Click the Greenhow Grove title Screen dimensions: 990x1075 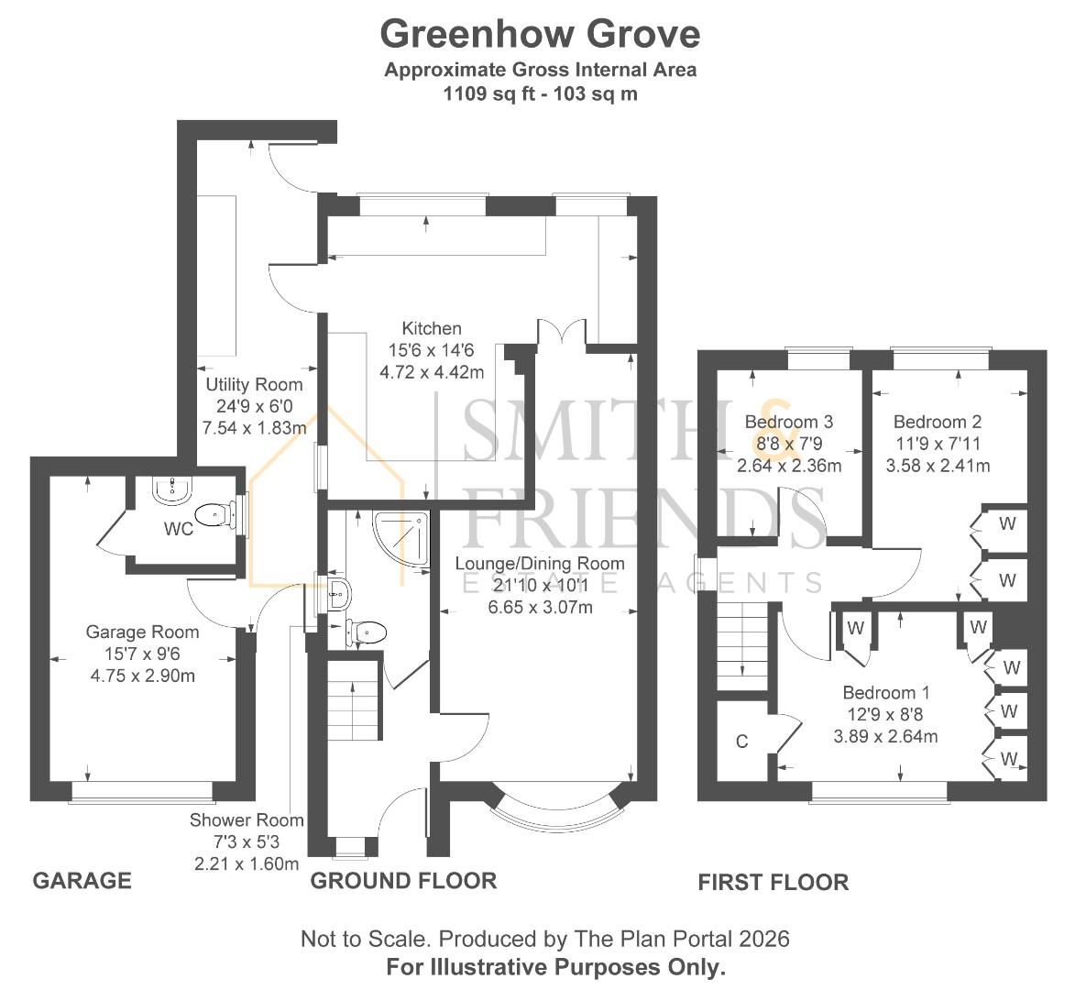[540, 34]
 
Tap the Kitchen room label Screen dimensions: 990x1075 [431, 328]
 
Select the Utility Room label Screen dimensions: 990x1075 [253, 384]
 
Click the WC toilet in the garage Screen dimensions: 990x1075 [214, 514]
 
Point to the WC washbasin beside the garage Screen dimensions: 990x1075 [170, 490]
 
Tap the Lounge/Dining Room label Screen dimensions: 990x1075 [541, 564]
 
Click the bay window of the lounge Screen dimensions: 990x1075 [560, 804]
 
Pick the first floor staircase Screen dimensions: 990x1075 [741, 648]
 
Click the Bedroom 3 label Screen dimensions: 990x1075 [788, 423]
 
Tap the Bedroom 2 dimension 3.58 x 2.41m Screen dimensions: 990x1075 [938, 466]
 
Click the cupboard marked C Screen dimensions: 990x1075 [741, 742]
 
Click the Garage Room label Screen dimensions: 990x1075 [142, 632]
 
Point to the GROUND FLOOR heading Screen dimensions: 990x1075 [403, 881]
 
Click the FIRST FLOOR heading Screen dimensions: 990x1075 [773, 883]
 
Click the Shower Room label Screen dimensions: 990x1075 [247, 820]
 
